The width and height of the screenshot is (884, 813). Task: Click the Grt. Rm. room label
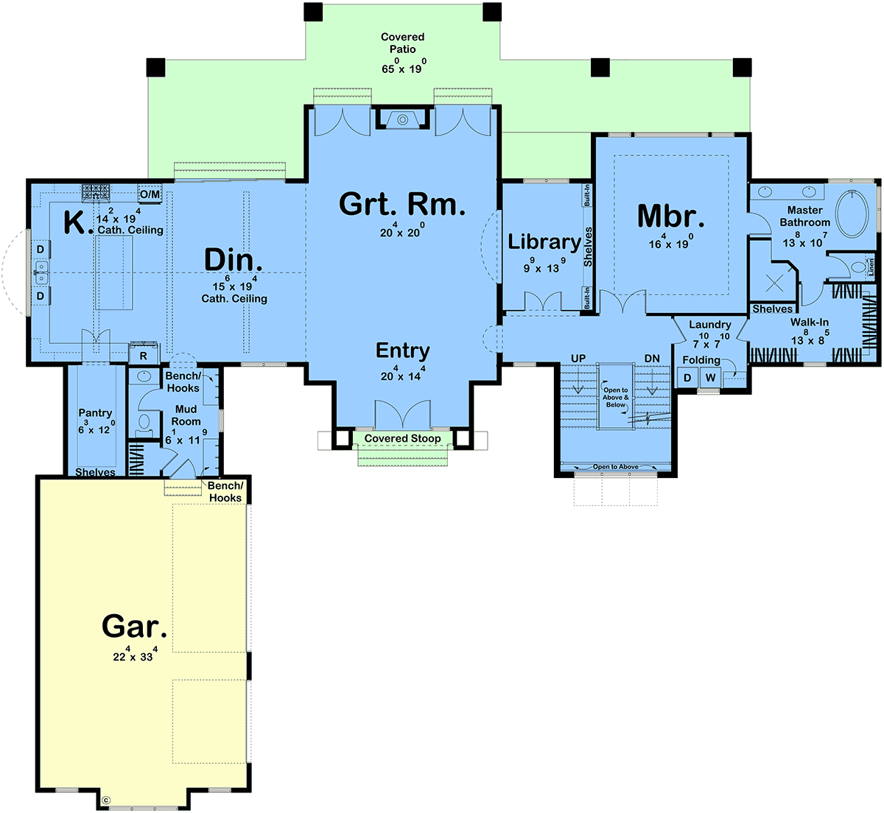(402, 204)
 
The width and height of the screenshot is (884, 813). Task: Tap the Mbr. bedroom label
(670, 217)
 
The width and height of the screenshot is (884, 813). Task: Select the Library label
(544, 242)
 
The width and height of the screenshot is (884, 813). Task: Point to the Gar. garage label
(134, 626)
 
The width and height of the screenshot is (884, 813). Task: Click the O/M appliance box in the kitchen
(150, 194)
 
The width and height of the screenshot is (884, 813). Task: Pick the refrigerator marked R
(143, 355)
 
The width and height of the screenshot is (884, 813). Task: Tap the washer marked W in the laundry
(710, 378)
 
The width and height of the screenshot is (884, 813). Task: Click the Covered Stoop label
(402, 438)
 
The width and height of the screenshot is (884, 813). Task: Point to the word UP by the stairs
(578, 359)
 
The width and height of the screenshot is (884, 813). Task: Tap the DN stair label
(652, 359)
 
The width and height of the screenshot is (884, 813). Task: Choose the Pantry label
(95, 413)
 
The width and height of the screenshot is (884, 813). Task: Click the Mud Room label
(186, 415)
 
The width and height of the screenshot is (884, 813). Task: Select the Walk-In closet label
(810, 322)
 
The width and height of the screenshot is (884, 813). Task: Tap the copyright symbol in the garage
(106, 799)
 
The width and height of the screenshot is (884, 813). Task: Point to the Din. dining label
(233, 259)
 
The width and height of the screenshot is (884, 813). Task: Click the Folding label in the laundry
(701, 360)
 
